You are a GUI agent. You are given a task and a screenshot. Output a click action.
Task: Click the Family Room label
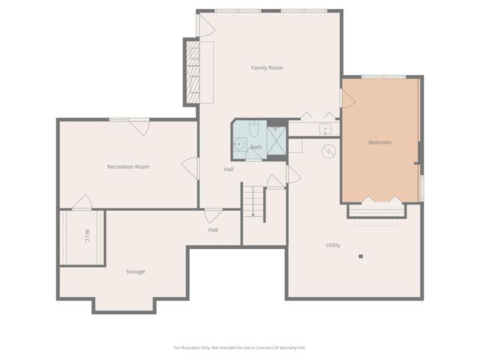coord(266,68)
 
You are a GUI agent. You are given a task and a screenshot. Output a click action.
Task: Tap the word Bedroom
coord(379,142)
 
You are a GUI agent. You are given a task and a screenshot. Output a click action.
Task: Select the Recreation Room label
coord(128,166)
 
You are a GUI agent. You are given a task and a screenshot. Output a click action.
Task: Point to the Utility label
coord(333,245)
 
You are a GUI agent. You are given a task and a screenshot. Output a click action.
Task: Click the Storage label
coord(136,271)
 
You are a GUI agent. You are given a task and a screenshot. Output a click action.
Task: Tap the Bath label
coord(256,147)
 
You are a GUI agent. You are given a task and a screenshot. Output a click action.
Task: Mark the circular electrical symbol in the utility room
coord(328,151)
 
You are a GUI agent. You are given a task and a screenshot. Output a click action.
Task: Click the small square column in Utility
coord(361,256)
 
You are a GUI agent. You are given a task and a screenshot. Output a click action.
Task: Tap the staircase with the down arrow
coord(253,202)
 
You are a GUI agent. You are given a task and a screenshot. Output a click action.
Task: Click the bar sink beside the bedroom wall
coord(325,130)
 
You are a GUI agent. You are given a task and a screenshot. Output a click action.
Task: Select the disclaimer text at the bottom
coord(240,347)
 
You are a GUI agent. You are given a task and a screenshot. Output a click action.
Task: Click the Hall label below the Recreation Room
coord(213,229)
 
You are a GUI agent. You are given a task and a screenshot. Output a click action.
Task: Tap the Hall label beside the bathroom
coord(229,169)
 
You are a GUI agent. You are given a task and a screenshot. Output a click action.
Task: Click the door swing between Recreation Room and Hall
coord(190,167)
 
